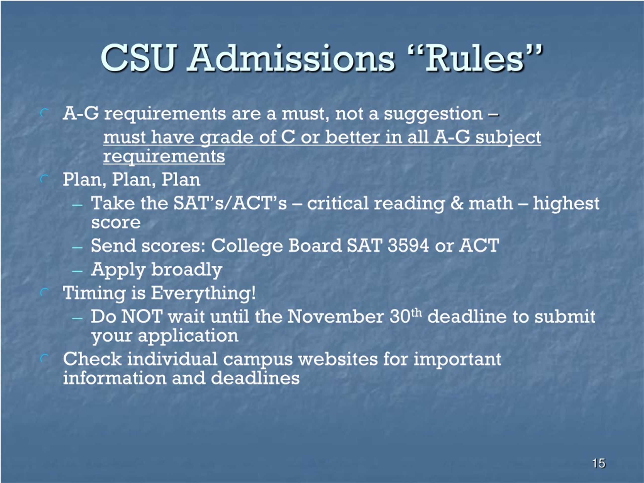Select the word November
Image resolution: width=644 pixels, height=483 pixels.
tap(335, 316)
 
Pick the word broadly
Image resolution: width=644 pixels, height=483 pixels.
tap(187, 270)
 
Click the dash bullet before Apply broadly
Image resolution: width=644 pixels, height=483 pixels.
tap(77, 271)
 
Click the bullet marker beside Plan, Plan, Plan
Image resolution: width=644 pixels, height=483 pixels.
tap(44, 179)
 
